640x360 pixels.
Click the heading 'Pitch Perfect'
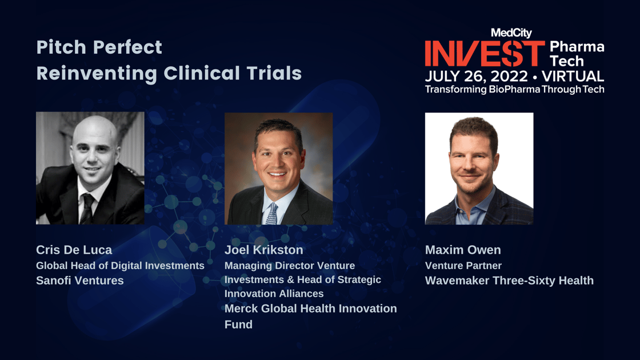[x=99, y=47]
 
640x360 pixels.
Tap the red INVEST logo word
[x=485, y=54]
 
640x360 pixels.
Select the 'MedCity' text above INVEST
[x=511, y=33]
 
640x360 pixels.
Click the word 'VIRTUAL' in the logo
[x=573, y=77]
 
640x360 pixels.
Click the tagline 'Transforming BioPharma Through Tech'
[x=515, y=89]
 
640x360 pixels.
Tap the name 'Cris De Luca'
[x=74, y=250]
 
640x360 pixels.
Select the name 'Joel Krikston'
[x=263, y=250]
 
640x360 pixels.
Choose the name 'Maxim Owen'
[x=463, y=250]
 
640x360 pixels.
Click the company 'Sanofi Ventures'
[x=79, y=281]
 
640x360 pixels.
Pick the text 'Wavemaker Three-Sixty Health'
[x=509, y=281]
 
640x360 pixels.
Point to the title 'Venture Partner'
[x=463, y=266]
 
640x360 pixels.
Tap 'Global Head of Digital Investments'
[x=120, y=266]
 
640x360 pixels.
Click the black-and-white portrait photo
[x=90, y=168]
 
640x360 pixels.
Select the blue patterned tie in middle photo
[x=272, y=214]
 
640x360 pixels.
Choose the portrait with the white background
[x=479, y=169]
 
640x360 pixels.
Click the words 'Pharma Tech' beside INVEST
[x=577, y=54]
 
